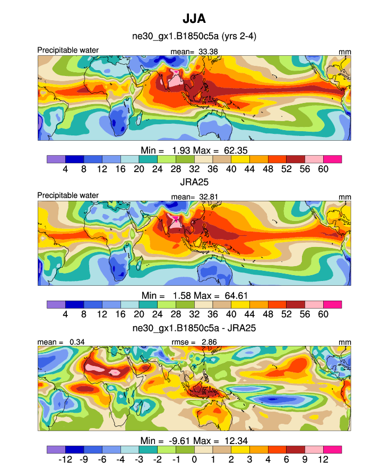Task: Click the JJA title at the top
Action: point(194,19)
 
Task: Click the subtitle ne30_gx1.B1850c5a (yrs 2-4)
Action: point(194,37)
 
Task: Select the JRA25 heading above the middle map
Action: point(194,183)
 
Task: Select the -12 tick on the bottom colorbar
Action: point(65,458)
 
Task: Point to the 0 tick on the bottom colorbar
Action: point(194,458)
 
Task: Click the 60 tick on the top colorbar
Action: point(323,168)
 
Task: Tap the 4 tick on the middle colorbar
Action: point(65,314)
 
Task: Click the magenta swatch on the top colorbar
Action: point(332,159)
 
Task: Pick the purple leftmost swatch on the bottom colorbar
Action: point(56,449)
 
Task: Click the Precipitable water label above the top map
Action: point(68,50)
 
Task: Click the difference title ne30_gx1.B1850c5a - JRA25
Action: point(194,328)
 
